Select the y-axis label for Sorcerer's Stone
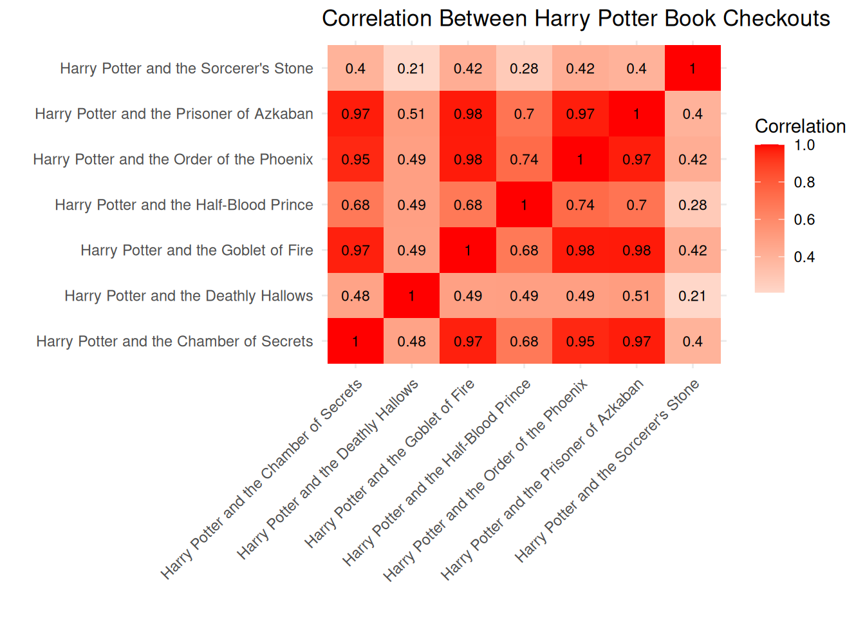(x=187, y=68)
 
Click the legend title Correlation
(x=800, y=126)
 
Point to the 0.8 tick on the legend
(x=804, y=182)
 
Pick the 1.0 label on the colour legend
(x=804, y=145)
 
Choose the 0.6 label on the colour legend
(x=804, y=220)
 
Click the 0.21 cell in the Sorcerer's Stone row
(x=411, y=68)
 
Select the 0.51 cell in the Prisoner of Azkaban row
(x=411, y=114)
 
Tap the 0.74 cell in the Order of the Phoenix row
(x=524, y=159)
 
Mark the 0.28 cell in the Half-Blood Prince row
(x=693, y=205)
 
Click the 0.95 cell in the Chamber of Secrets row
(x=580, y=341)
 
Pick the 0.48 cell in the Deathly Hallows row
(x=355, y=295)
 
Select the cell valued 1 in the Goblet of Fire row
(x=468, y=250)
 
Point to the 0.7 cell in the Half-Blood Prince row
(x=637, y=205)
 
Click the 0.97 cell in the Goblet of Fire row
(x=355, y=250)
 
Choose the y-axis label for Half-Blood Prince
(x=184, y=205)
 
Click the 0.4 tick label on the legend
(x=804, y=257)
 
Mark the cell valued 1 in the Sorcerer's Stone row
(x=693, y=68)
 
